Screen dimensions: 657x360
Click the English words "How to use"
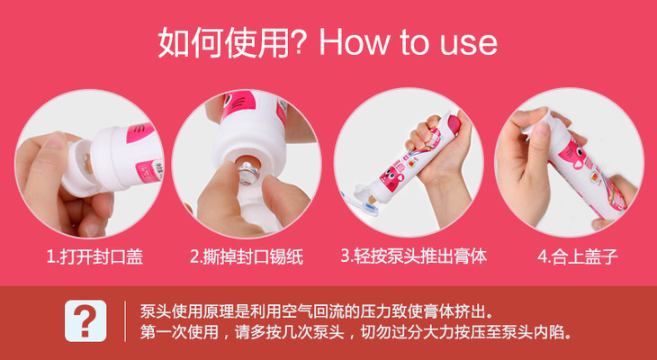pyautogui.click(x=408, y=42)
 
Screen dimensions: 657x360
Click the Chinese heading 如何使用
pyautogui.click(x=223, y=42)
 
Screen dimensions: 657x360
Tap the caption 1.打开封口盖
pyautogui.click(x=94, y=256)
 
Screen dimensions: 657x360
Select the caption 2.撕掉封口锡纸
pyautogui.click(x=247, y=256)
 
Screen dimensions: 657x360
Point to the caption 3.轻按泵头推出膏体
pyautogui.click(x=414, y=256)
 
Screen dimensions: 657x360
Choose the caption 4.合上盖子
pyautogui.click(x=578, y=256)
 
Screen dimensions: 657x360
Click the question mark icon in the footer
pyautogui.click(x=85, y=320)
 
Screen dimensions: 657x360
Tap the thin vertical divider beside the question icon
pyautogui.click(x=125, y=321)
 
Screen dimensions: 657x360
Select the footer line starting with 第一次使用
pyautogui.click(x=356, y=333)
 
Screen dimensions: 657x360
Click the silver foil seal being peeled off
pyautogui.click(x=247, y=171)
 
